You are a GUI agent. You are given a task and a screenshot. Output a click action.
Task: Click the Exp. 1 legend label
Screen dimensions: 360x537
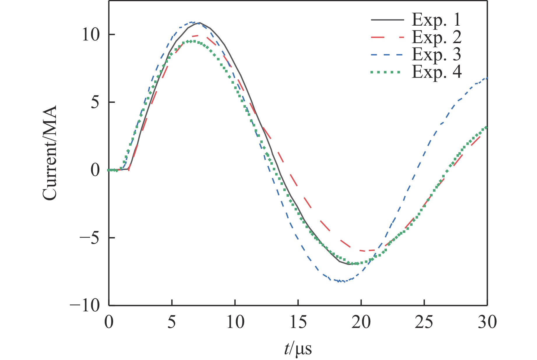point(436,20)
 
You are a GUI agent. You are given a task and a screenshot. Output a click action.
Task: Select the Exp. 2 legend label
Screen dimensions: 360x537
point(436,37)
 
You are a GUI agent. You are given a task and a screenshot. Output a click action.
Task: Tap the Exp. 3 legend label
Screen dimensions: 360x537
point(436,54)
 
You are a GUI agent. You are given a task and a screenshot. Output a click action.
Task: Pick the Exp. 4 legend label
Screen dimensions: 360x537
point(436,72)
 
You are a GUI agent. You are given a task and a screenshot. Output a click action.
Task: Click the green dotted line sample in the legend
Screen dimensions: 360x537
point(387,72)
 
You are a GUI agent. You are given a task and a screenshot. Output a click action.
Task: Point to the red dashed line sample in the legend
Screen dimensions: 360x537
point(387,37)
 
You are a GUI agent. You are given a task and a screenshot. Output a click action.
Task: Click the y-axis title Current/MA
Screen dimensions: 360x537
point(50,153)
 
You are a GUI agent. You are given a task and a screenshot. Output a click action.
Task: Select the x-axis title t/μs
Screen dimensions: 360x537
point(298,349)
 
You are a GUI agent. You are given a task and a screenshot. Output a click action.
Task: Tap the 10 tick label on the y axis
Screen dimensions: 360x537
point(91,35)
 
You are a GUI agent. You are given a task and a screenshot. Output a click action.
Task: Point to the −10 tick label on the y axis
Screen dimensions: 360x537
point(84,306)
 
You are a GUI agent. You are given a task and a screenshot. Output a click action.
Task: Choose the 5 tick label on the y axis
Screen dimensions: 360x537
point(95,103)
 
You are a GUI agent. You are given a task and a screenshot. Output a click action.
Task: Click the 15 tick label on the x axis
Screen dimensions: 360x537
point(298,322)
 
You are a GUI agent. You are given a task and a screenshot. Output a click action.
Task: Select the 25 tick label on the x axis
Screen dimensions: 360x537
point(424,322)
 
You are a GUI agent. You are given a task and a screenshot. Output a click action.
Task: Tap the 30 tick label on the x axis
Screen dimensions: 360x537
point(487,322)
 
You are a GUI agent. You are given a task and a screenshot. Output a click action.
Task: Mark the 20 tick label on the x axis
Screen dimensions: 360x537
point(361,322)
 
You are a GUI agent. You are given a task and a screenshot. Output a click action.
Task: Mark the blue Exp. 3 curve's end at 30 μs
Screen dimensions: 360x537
point(487,78)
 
